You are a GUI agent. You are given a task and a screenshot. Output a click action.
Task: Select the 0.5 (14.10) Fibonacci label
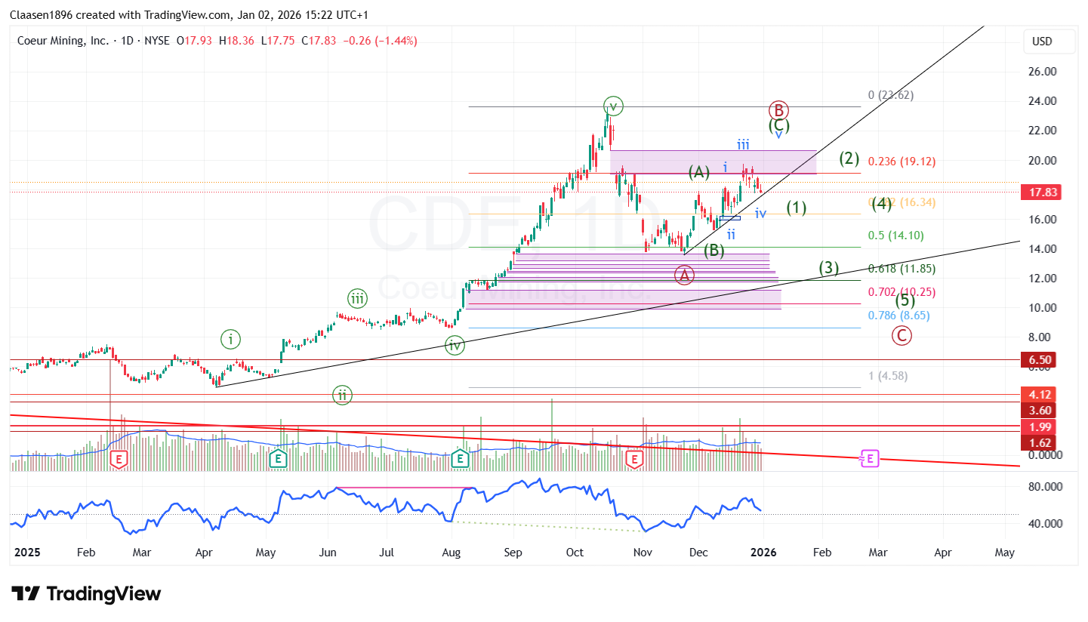click(895, 236)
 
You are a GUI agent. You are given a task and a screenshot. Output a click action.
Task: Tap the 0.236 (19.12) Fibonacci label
click(902, 162)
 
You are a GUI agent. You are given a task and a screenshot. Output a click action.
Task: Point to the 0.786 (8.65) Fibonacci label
click(899, 316)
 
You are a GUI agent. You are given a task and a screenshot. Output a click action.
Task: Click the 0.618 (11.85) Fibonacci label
click(902, 269)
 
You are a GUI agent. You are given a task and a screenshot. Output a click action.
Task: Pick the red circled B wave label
click(779, 110)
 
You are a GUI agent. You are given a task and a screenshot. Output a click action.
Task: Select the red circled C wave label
click(902, 336)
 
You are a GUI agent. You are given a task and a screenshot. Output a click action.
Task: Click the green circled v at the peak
click(613, 106)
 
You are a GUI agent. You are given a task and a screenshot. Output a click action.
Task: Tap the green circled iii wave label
click(358, 299)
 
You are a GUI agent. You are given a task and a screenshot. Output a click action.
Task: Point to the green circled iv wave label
click(455, 346)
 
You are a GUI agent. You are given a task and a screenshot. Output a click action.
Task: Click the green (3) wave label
click(830, 267)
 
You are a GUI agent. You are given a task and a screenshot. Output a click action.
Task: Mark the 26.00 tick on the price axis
click(1042, 72)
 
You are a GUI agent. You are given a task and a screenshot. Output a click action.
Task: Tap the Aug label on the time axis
click(452, 553)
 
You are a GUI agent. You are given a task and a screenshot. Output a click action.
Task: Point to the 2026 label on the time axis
click(763, 553)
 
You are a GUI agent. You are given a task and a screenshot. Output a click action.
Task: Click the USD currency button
click(1042, 42)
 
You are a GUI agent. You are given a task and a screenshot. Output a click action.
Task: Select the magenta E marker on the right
click(870, 458)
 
